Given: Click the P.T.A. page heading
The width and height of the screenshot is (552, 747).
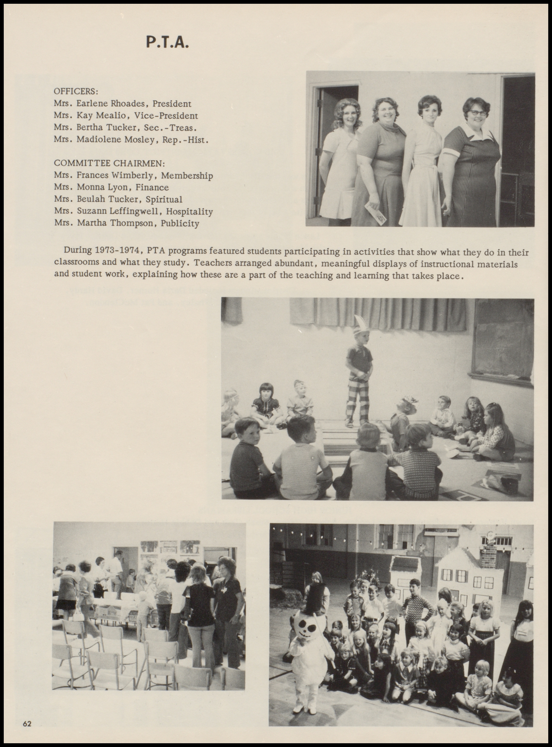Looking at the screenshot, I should pyautogui.click(x=167, y=42).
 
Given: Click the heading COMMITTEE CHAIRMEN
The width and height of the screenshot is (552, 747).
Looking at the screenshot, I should pyautogui.click(x=110, y=164).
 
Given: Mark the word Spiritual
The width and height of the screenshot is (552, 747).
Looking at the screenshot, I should pyautogui.click(x=164, y=200).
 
